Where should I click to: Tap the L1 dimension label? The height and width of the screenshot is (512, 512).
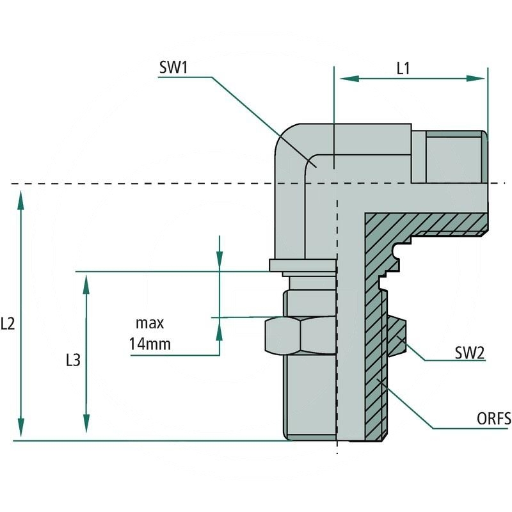403,68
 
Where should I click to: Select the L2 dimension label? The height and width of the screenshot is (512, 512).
8,324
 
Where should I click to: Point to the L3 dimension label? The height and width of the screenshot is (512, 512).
74,360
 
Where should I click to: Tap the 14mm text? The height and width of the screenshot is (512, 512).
150,344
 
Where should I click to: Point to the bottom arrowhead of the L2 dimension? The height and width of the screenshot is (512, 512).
21,428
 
